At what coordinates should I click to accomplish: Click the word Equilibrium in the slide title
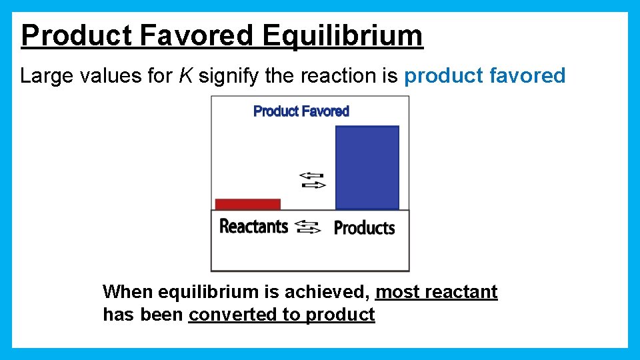pyautogui.click(x=342, y=36)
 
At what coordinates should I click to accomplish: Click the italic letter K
pyautogui.click(x=185, y=76)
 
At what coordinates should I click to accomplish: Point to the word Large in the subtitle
pyautogui.click(x=45, y=76)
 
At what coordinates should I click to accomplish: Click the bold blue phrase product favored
pyautogui.click(x=485, y=76)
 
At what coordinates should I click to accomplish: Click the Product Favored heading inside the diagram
pyautogui.click(x=301, y=111)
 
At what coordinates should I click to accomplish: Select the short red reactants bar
pyautogui.click(x=248, y=204)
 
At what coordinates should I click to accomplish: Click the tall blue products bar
pyautogui.click(x=367, y=167)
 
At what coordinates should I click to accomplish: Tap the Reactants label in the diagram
pyautogui.click(x=253, y=227)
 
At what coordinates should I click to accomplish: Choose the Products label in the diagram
pyautogui.click(x=364, y=228)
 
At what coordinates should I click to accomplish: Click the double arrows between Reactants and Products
pyautogui.click(x=307, y=227)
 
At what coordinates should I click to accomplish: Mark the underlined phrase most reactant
pyautogui.click(x=437, y=292)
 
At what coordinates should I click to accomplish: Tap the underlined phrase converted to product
pyautogui.click(x=282, y=315)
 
